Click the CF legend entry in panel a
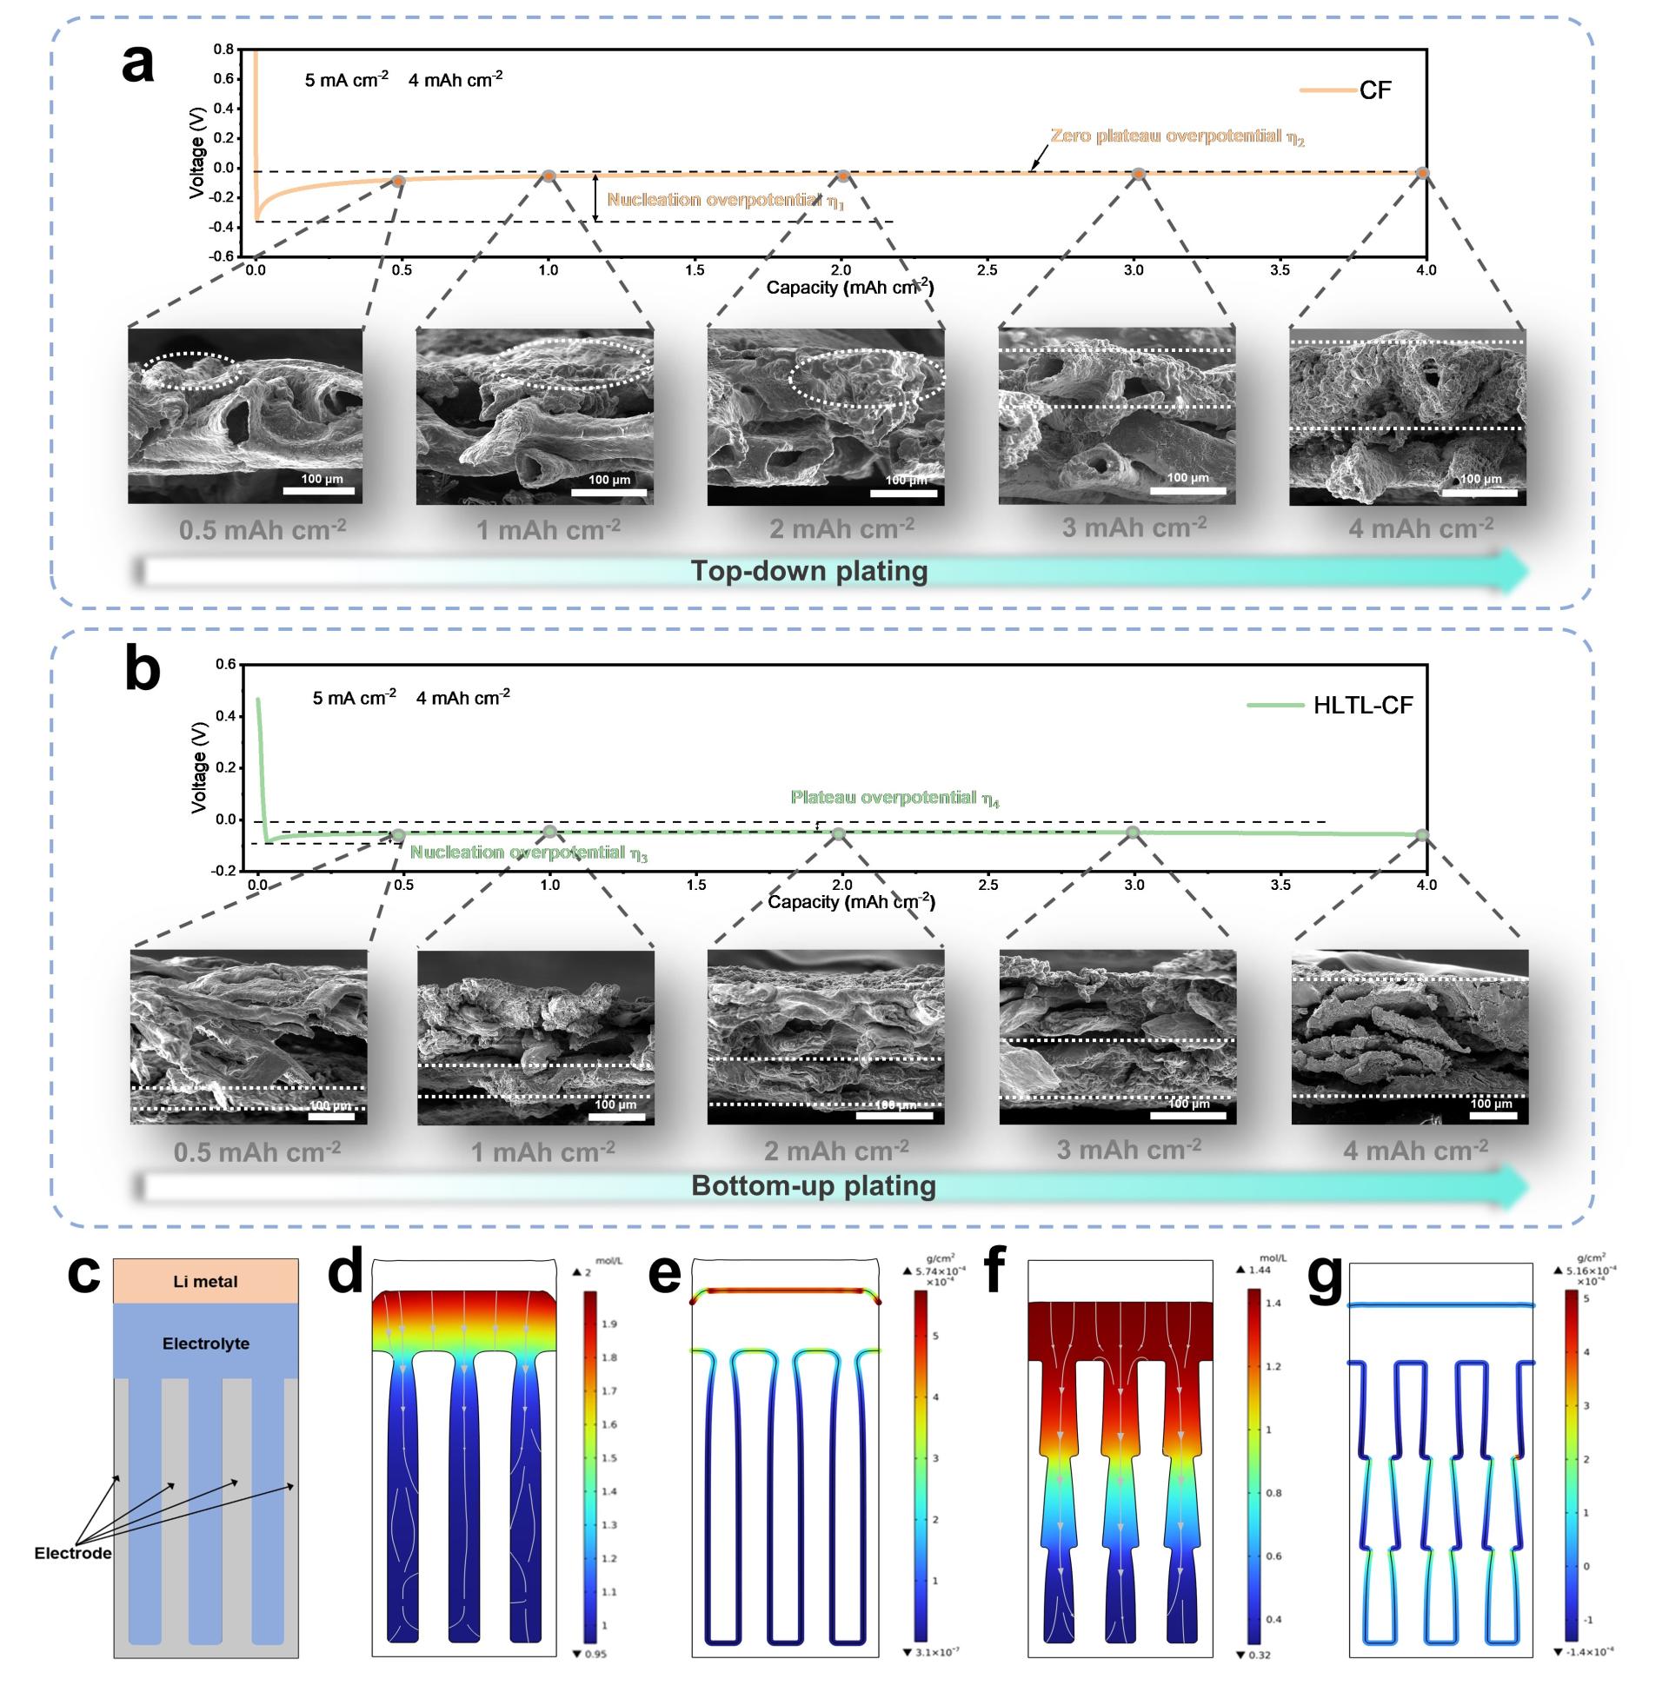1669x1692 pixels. coord(1373,91)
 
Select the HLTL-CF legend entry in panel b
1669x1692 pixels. coord(1362,706)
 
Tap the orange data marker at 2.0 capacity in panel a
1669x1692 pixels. coord(843,176)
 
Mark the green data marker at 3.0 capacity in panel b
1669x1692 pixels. coord(1132,832)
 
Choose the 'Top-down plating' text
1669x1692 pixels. coord(808,571)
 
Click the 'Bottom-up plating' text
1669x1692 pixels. coord(813,1186)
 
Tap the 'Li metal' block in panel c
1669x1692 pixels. coord(205,1281)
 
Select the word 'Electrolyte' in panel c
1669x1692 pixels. coord(206,1343)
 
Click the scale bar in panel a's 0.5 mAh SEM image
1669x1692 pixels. coord(320,490)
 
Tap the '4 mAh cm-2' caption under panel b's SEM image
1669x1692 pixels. coord(1415,1150)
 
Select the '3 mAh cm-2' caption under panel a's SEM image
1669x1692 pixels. coord(1134,528)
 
